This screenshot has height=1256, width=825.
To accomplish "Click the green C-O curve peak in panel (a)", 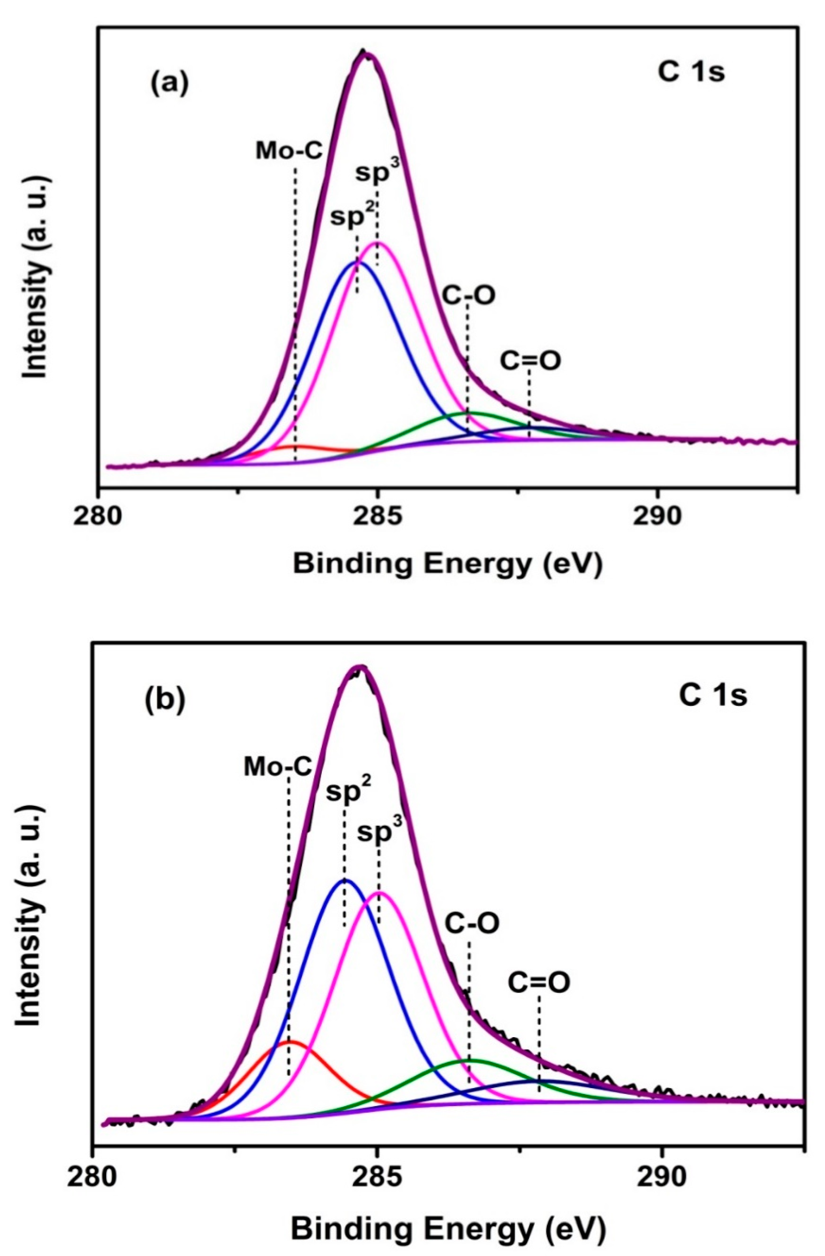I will click(468, 413).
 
